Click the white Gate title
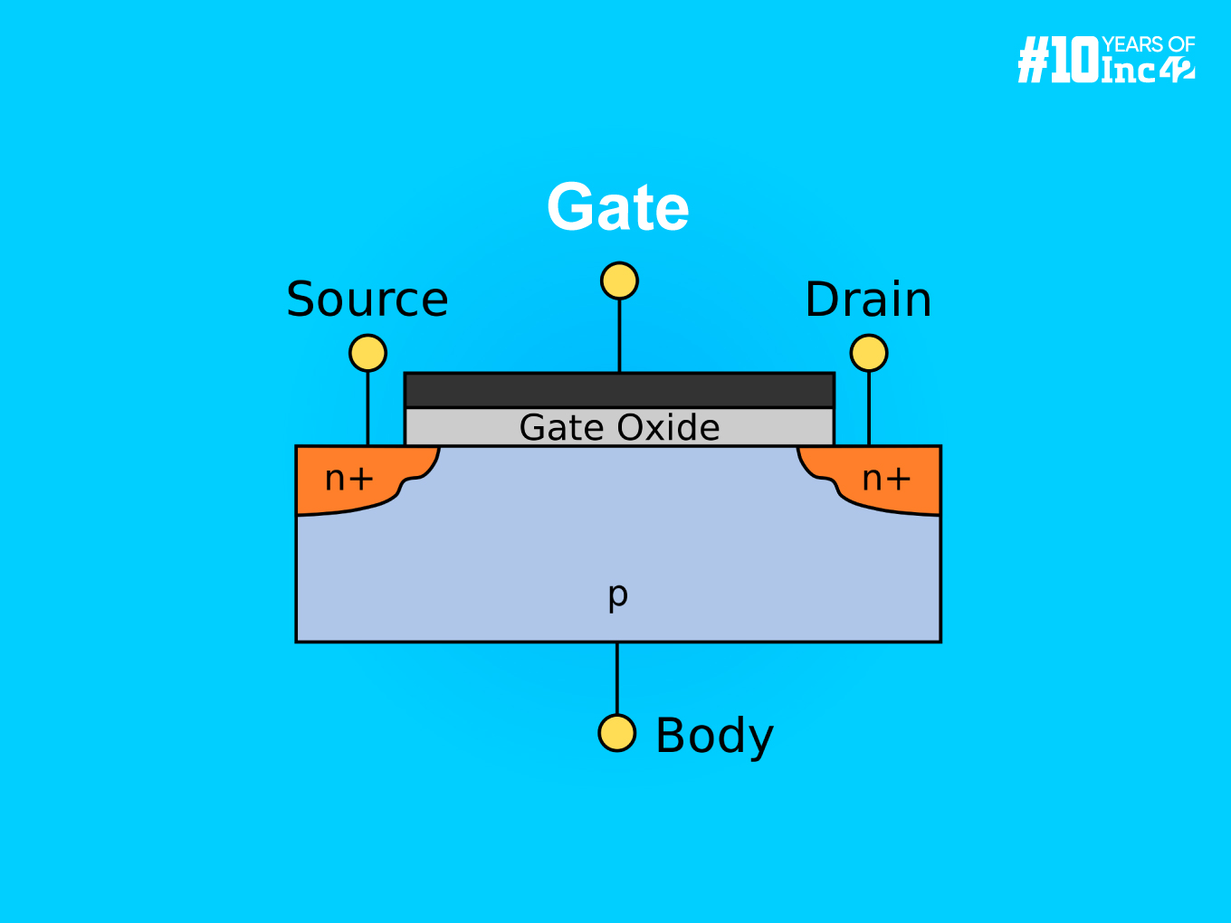pyautogui.click(x=618, y=207)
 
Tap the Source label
pyautogui.click(x=367, y=300)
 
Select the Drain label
pyautogui.click(x=868, y=300)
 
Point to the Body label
pyautogui.click(x=714, y=735)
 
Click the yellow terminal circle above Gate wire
pyautogui.click(x=619, y=281)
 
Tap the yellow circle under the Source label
pyautogui.click(x=367, y=353)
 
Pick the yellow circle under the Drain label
pyautogui.click(x=869, y=353)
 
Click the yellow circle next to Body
pyautogui.click(x=617, y=733)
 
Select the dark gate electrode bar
pyautogui.click(x=619, y=390)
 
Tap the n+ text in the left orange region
pyautogui.click(x=348, y=478)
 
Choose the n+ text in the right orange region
pyautogui.click(x=885, y=478)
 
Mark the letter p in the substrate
pyautogui.click(x=617, y=595)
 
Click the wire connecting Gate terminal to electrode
pyautogui.click(x=619, y=335)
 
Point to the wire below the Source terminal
pyautogui.click(x=367, y=407)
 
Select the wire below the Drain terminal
pyautogui.click(x=869, y=407)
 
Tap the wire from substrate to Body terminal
pyautogui.click(x=617, y=679)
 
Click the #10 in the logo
pyautogui.click(x=1057, y=61)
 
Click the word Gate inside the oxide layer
pyautogui.click(x=560, y=427)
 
